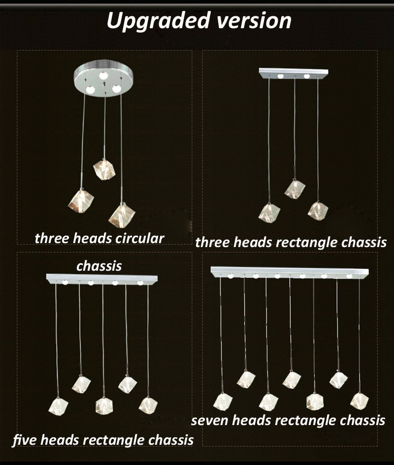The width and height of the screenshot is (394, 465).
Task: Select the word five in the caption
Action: [x=25, y=439]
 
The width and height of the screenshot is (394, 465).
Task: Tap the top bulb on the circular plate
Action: [x=103, y=75]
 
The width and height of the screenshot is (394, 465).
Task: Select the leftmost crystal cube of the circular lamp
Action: [x=81, y=201]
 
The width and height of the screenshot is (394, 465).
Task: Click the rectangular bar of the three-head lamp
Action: [x=294, y=73]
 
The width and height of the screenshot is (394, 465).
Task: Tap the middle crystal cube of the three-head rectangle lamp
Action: [x=295, y=189]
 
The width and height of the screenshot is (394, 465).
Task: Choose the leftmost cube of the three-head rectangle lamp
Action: [x=269, y=213]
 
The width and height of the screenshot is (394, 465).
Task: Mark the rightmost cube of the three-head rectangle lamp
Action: [x=318, y=211]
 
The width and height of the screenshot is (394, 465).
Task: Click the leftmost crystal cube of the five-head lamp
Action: [x=58, y=406]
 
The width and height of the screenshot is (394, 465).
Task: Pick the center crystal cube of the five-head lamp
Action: [x=104, y=406]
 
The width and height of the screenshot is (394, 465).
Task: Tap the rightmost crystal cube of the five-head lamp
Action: [x=148, y=405]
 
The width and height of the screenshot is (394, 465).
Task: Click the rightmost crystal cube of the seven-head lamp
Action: [x=360, y=400]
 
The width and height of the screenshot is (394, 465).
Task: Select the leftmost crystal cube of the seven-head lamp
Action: [x=223, y=402]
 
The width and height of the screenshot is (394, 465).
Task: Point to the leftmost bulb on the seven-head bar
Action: [x=230, y=277]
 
